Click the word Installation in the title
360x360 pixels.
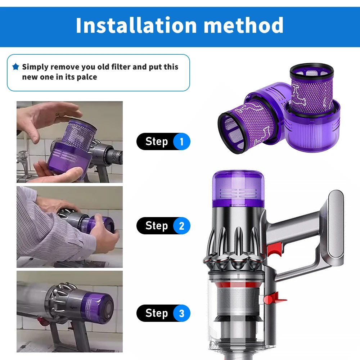pyautogui.click(x=136, y=25)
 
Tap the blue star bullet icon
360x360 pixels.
pyautogui.click(x=15, y=67)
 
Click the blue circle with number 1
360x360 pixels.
pyautogui.click(x=181, y=141)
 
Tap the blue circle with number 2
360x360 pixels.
pyautogui.click(x=181, y=226)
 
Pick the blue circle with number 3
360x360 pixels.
pyautogui.click(x=181, y=313)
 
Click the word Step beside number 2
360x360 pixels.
pyautogui.click(x=157, y=226)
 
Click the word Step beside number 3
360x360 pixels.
pyautogui.click(x=157, y=313)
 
